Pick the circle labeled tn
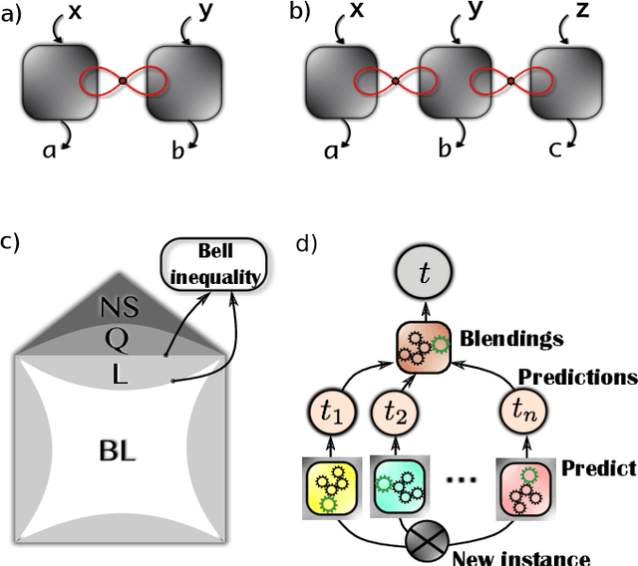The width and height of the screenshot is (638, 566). [x=525, y=411]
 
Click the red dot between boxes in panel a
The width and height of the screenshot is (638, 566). [x=123, y=81]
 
